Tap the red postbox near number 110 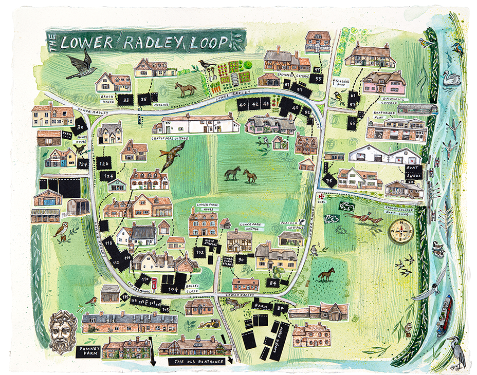click(154, 282)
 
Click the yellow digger click(210, 324)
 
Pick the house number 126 click(104, 164)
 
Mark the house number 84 click(272, 282)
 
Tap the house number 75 click(329, 180)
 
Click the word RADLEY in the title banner click(148, 42)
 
